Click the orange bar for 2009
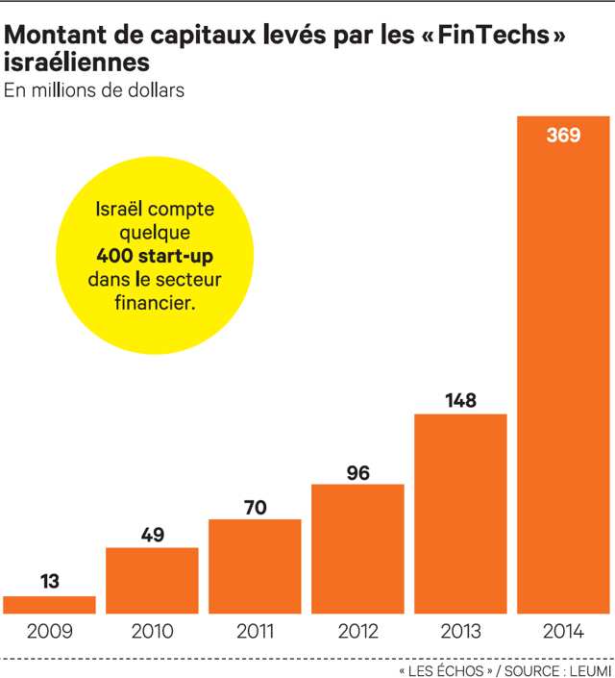coord(49,604)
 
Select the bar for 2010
coord(152,580)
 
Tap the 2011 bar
coord(255,565)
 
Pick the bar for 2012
coord(357,548)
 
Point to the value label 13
coord(50,581)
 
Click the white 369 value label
coord(563,136)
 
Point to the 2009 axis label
coord(49,632)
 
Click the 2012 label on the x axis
coord(357,632)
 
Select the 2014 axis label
coord(563,632)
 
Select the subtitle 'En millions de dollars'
coord(94,91)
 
